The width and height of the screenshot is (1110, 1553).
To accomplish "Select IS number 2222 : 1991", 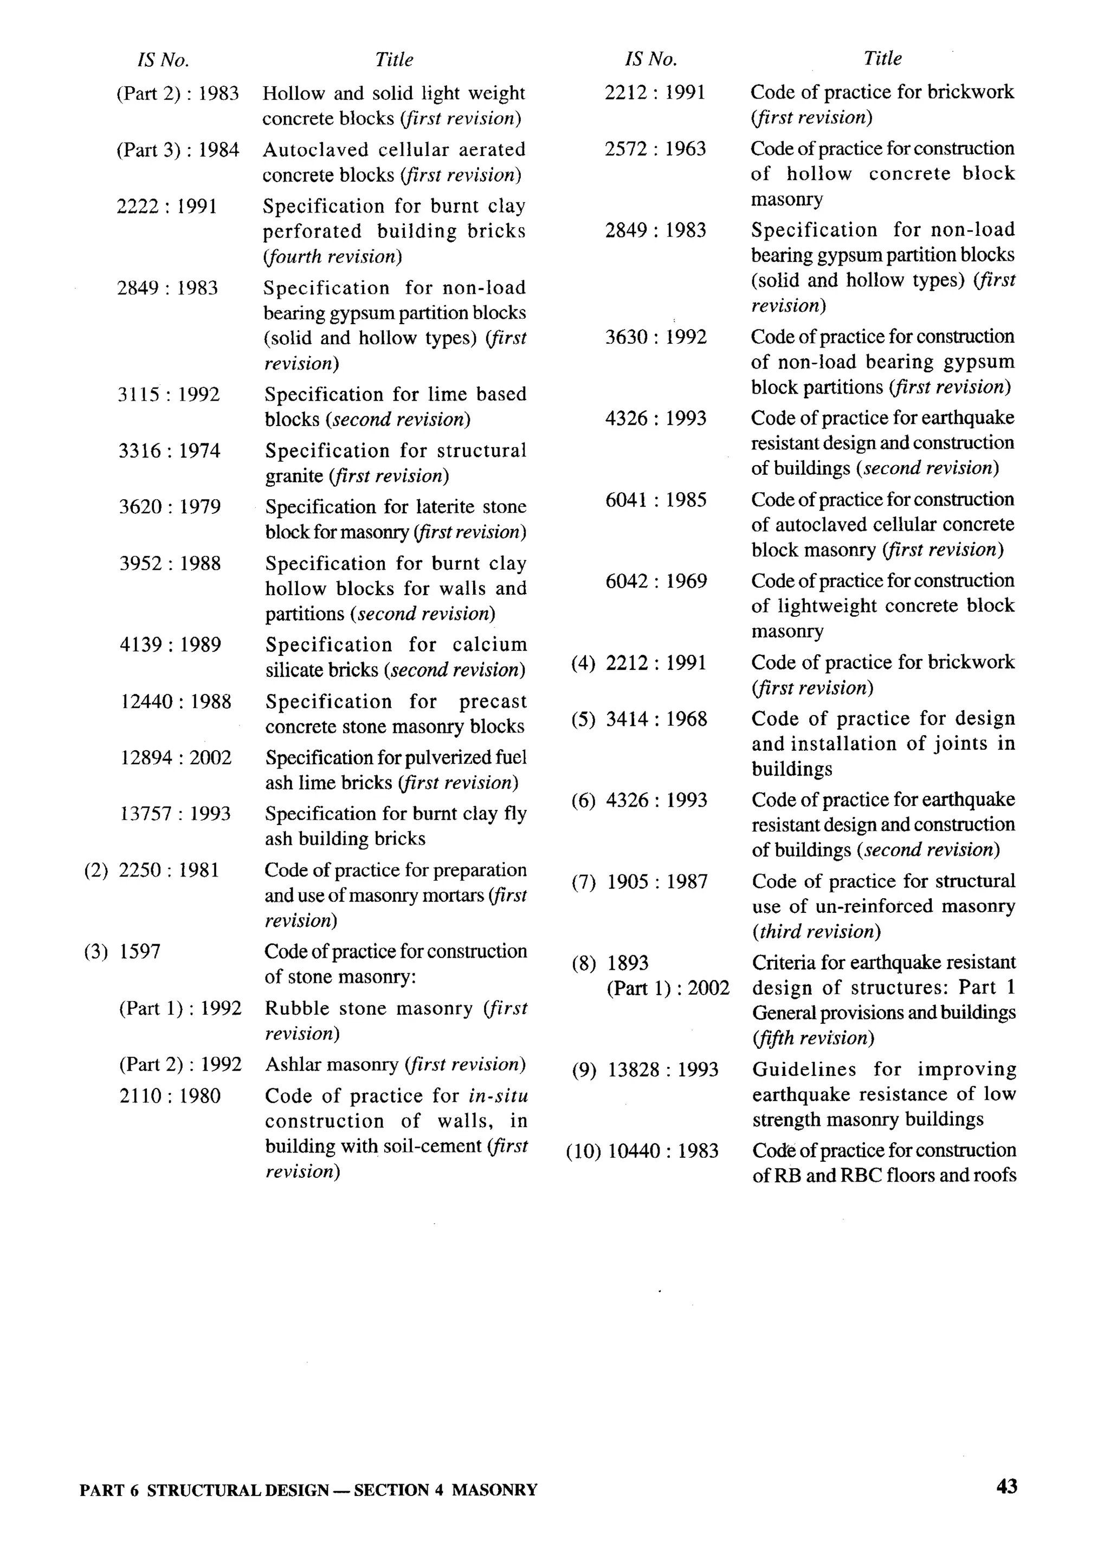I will pyautogui.click(x=167, y=207).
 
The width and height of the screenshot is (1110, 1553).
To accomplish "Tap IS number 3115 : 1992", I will pyautogui.click(x=169, y=395).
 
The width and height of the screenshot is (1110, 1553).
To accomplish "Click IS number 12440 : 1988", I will pyautogui.click(x=176, y=701).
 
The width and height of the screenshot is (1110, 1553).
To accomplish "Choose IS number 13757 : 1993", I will pyautogui.click(x=176, y=814).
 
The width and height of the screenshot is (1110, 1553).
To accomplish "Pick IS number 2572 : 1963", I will pyautogui.click(x=655, y=149).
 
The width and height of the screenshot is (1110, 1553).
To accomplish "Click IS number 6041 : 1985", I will pyautogui.click(x=655, y=500).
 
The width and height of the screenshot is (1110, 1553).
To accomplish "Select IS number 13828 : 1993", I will pyautogui.click(x=662, y=1069).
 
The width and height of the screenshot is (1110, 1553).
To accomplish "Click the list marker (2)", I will pyautogui.click(x=96, y=870).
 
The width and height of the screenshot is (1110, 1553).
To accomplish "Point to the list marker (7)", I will pyautogui.click(x=584, y=882).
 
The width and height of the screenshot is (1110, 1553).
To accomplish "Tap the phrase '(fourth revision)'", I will pyautogui.click(x=333, y=257).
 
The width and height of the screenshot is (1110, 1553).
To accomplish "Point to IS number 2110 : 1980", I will pyautogui.click(x=170, y=1097).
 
